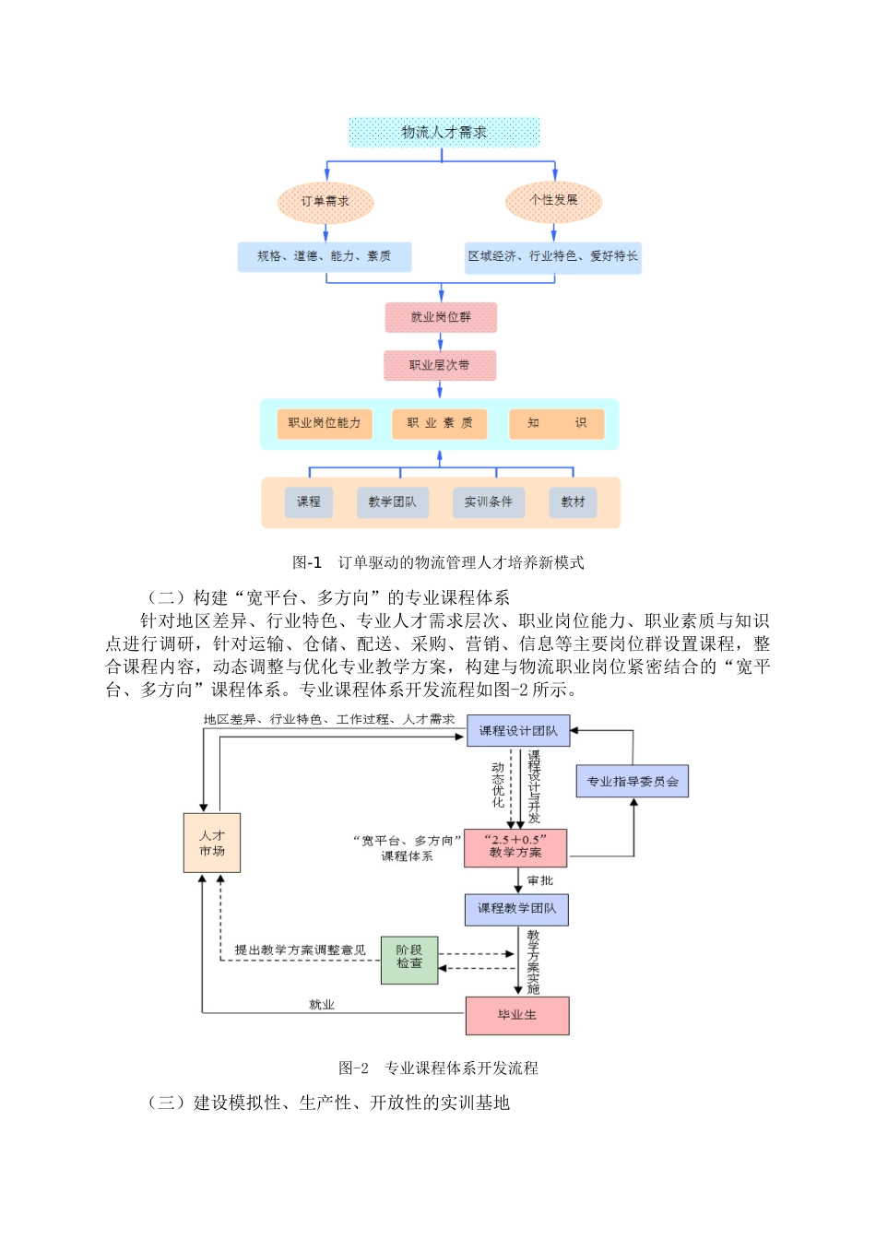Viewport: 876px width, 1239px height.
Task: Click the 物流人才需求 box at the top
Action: pyautogui.click(x=444, y=132)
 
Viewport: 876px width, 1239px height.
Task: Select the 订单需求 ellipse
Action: pyautogui.click(x=325, y=201)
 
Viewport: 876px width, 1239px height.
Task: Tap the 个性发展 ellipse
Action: pyautogui.click(x=553, y=200)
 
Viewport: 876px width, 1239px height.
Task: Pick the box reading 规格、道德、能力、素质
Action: pyautogui.click(x=325, y=256)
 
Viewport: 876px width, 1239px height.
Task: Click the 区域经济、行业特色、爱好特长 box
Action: pyautogui.click(x=552, y=256)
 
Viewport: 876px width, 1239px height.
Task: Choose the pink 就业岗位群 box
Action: pyautogui.click(x=441, y=317)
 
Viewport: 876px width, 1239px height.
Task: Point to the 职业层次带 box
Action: pyautogui.click(x=440, y=365)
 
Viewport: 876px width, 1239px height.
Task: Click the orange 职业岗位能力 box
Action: pyautogui.click(x=325, y=423)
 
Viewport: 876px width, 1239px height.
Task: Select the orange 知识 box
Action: pyautogui.click(x=557, y=423)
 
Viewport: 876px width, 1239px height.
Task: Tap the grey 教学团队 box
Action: pyautogui.click(x=392, y=501)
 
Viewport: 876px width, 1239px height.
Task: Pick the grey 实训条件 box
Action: pyautogui.click(x=488, y=501)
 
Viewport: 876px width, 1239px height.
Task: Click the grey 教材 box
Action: pyautogui.click(x=573, y=501)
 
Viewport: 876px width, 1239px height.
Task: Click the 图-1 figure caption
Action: pyautogui.click(x=438, y=562)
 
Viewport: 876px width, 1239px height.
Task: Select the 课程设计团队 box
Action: pyautogui.click(x=518, y=731)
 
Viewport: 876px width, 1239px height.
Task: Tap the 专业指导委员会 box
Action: pyautogui.click(x=633, y=782)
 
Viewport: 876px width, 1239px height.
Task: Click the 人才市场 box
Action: pyautogui.click(x=212, y=843)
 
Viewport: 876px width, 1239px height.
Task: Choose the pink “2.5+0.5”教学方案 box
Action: pyautogui.click(x=515, y=847)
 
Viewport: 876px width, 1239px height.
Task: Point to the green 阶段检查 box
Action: pyautogui.click(x=409, y=960)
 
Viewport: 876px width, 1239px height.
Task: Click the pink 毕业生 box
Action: pyautogui.click(x=517, y=1015)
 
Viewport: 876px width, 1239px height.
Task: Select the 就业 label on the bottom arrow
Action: pyautogui.click(x=321, y=1005)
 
